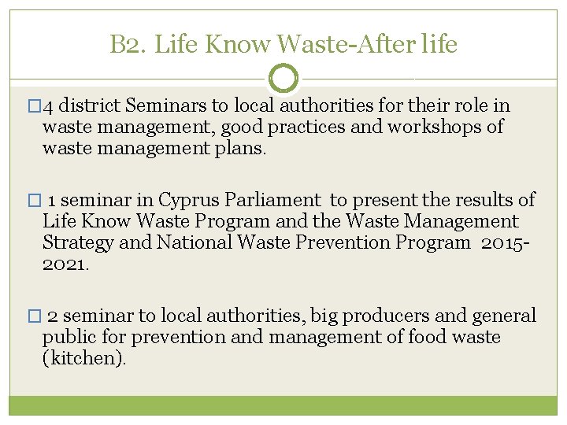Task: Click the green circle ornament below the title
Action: [283, 78]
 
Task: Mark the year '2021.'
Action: [66, 264]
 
